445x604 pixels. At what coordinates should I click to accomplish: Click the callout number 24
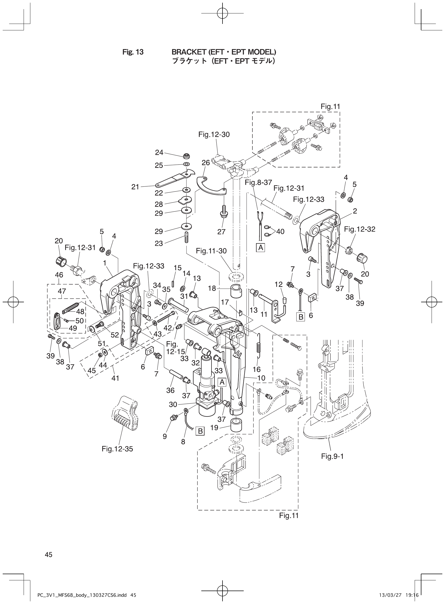[159, 153]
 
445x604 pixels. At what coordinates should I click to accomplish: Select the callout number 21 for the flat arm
[135, 187]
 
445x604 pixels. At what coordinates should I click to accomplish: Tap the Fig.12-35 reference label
[117, 449]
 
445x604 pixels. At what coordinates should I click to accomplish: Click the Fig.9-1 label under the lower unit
[332, 456]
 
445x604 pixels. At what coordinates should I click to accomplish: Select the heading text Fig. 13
[133, 52]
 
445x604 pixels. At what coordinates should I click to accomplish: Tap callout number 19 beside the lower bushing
[214, 428]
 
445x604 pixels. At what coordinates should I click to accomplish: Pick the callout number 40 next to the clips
[280, 231]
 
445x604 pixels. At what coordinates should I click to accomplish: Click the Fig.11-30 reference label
[211, 251]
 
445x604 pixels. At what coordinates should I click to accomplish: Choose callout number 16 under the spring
[257, 369]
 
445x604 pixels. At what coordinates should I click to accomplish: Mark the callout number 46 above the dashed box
[59, 275]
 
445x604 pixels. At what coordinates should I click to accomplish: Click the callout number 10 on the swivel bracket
[261, 378]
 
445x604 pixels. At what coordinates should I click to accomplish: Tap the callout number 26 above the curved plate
[206, 163]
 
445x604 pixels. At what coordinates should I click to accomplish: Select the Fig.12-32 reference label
[360, 229]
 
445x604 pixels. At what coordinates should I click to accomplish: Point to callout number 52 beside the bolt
[115, 335]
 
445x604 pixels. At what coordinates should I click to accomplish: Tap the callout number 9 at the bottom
[165, 436]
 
